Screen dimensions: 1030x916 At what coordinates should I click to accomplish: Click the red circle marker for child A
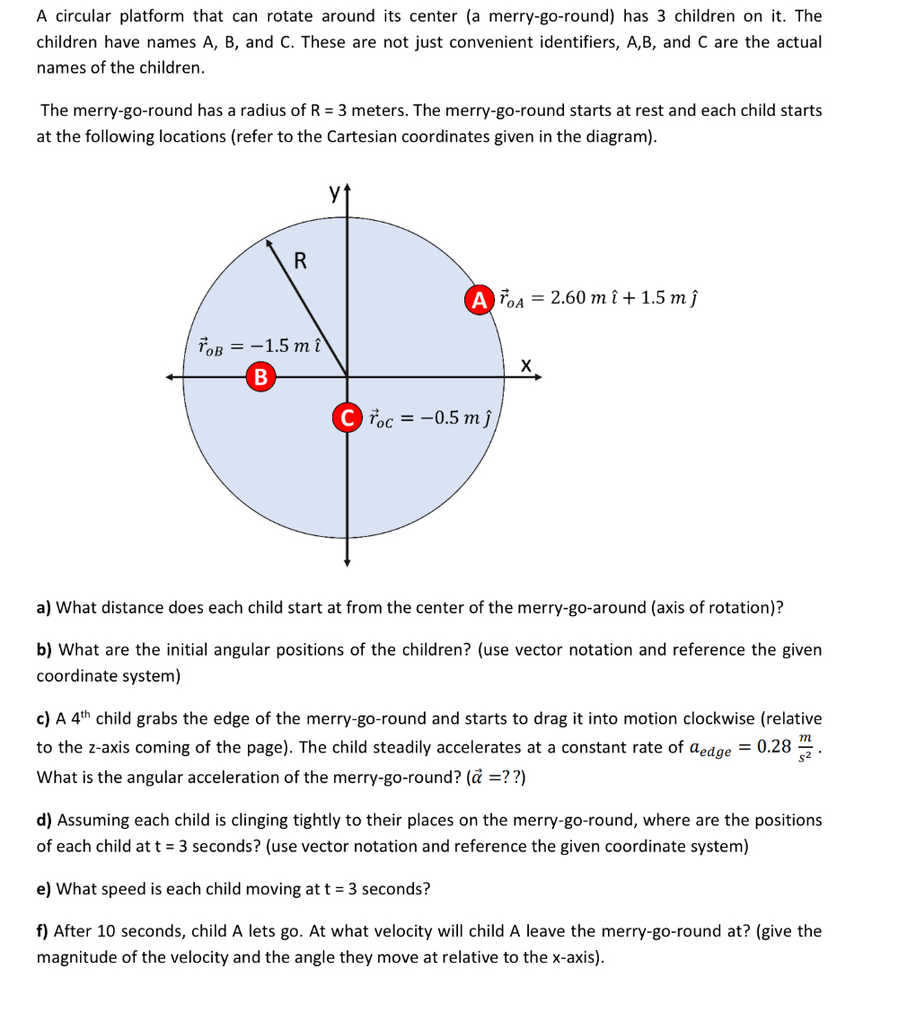click(x=481, y=298)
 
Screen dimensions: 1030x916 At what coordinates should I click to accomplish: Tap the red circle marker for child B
click(x=260, y=376)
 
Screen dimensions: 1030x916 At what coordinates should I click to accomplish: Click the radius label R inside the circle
click(x=300, y=261)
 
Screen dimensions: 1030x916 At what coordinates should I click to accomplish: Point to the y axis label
click(x=335, y=192)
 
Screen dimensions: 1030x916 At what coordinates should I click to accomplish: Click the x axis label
click(x=527, y=365)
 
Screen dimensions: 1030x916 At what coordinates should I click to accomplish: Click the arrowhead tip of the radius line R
click(x=269, y=242)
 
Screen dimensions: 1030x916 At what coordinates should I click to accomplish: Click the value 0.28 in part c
click(x=774, y=746)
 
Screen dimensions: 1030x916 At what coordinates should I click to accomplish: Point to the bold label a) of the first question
click(x=44, y=608)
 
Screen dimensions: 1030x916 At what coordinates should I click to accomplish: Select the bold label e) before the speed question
click(x=44, y=889)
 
